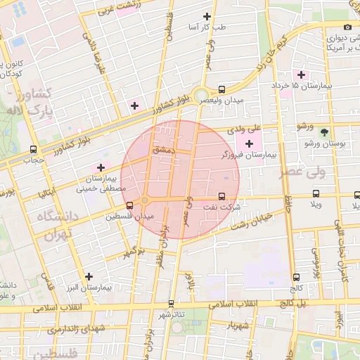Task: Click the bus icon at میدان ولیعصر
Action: pyautogui.click(x=222, y=90)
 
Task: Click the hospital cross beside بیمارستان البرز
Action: pyautogui.click(x=89, y=277)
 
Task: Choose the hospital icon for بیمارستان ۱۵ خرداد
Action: pyautogui.click(x=302, y=75)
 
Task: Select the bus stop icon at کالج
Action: pyautogui.click(x=295, y=277)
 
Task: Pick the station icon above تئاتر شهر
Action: pyautogui.click(x=171, y=304)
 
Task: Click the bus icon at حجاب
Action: pyautogui.click(x=34, y=149)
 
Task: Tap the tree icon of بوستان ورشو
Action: pyautogui.click(x=323, y=131)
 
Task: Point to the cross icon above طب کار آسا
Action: pyautogui.click(x=206, y=16)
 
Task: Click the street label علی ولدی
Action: pyautogui.click(x=245, y=129)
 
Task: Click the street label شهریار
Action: pyautogui.click(x=239, y=326)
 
